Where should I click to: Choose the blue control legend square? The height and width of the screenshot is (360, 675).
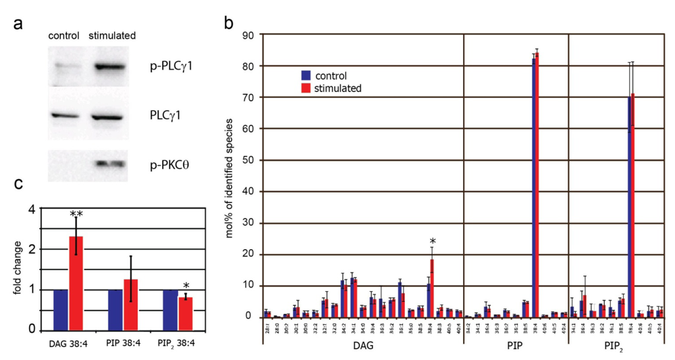305,76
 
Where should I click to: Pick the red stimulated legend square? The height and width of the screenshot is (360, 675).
305,88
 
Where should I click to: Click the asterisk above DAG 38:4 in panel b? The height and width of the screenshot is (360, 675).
431,241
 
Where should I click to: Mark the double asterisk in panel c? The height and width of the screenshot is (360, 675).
76,213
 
